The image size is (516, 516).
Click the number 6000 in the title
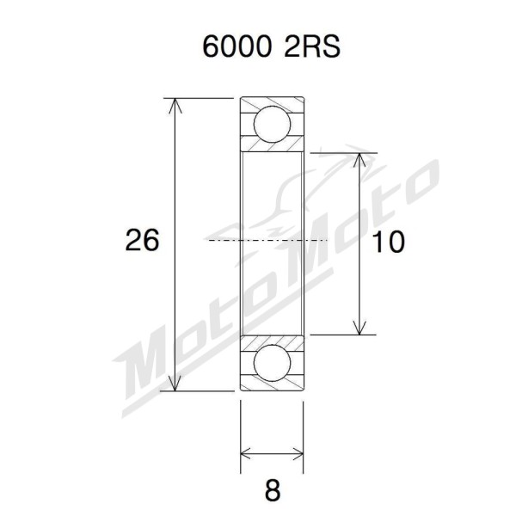237,46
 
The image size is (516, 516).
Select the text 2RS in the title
312,46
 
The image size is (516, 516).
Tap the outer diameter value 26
142,240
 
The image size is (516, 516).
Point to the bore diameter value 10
389,242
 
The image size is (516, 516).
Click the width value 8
273,490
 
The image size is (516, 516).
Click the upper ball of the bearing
272,124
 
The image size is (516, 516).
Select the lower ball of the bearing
272,362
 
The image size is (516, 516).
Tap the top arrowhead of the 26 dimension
175,105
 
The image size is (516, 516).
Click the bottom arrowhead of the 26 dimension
175,384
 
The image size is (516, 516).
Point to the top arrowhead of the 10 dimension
360,160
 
